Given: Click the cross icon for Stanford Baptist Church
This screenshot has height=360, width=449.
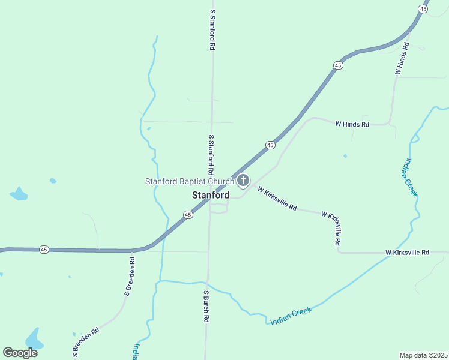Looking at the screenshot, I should pos(243,181).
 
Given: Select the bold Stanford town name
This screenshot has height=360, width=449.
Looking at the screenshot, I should pos(210,195).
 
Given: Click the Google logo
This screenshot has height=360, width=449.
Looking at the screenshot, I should pos(20,353).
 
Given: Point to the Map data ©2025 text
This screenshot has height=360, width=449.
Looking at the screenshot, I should pos(423,355).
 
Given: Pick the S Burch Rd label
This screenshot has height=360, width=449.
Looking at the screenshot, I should pos(205,307).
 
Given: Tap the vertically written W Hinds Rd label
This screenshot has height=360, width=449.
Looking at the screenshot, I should pos(402,59).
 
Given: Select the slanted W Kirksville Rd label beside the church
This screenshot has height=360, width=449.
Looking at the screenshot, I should pos(277,199).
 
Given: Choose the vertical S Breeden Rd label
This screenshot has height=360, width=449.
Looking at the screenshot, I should pos(129,277).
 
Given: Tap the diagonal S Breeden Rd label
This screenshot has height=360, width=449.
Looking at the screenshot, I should pos(86,343).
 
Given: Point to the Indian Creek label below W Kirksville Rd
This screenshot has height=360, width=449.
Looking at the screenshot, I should pos(291,316).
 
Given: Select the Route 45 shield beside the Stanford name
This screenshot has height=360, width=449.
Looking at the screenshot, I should pos(188,214).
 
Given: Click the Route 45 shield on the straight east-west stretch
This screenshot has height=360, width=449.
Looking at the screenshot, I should pos(44,249).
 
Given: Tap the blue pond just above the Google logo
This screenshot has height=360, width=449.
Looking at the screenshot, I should pos(34,339).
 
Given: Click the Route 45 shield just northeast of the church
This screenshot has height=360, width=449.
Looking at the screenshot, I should pos(271,145).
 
